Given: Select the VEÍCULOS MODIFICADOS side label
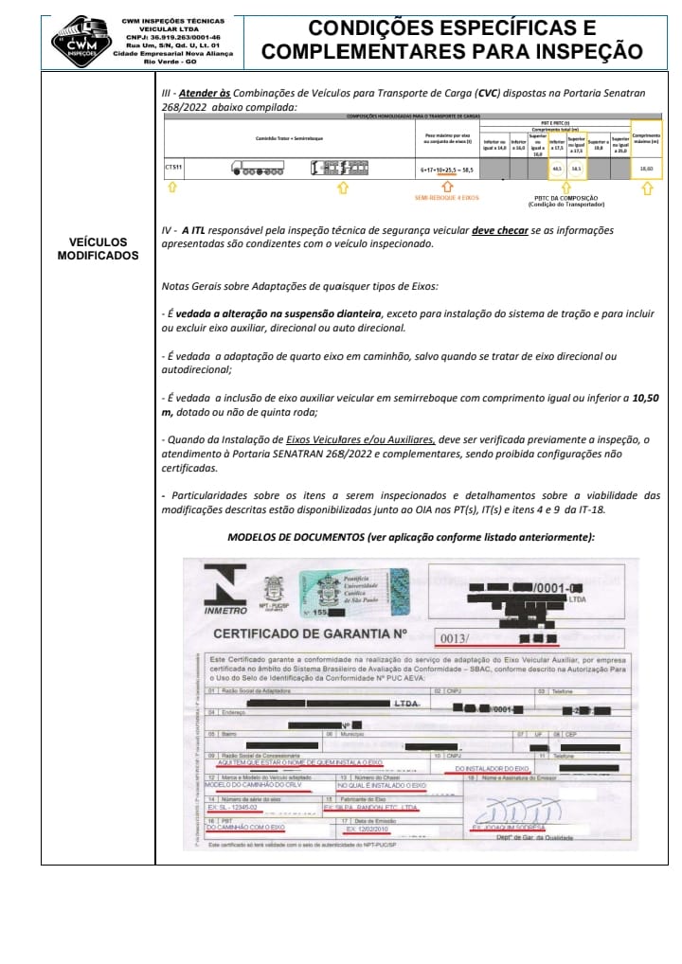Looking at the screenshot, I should [98, 249].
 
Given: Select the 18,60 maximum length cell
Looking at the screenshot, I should [647, 169].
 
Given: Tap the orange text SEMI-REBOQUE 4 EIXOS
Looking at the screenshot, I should [449, 198].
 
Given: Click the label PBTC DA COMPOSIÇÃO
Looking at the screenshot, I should [563, 199].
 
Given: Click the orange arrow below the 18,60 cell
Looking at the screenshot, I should [647, 187].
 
